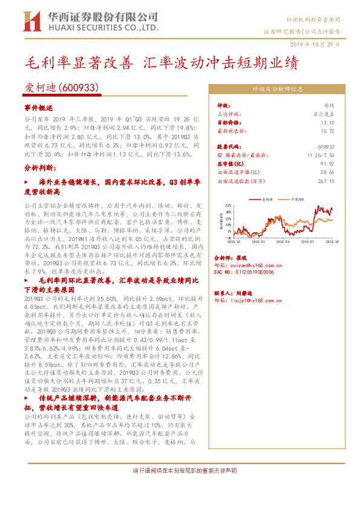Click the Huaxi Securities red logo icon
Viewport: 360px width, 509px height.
pos(31,21)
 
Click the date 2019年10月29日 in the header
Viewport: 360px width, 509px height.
pos(319,44)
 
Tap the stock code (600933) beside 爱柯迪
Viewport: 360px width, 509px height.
pos(79,88)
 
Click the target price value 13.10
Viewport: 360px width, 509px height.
pos(327,122)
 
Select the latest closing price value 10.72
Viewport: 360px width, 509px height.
pos(327,130)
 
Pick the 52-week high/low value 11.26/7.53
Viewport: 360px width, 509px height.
pos(321,155)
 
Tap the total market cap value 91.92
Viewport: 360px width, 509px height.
pos(327,163)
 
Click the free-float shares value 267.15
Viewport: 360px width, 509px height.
pos(325,180)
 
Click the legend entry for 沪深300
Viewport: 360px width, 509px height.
pos(296,199)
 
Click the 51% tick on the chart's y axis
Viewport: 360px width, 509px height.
pos(227,206)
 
